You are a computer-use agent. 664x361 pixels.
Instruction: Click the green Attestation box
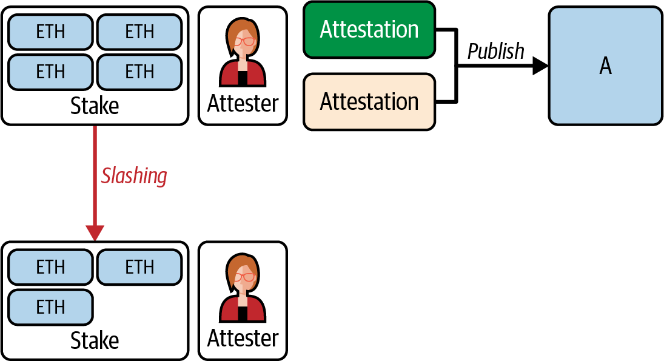click(369, 30)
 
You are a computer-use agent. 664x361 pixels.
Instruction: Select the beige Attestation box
click(369, 101)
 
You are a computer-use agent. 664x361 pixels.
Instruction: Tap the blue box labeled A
click(605, 66)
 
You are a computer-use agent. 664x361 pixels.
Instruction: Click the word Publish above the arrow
click(495, 52)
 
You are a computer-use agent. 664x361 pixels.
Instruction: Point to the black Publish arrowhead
click(540, 66)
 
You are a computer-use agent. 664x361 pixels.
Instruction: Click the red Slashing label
click(134, 176)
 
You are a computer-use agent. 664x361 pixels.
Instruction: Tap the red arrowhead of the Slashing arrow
click(95, 233)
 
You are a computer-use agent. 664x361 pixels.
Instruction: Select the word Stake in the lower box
click(95, 340)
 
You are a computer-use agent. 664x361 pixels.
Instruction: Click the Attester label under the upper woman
click(243, 104)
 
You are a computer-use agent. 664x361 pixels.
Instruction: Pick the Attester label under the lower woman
click(243, 339)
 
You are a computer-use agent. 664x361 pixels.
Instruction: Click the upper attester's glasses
click(244, 42)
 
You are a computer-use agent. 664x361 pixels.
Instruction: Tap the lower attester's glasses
click(244, 277)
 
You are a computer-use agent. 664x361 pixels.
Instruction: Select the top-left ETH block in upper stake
click(50, 32)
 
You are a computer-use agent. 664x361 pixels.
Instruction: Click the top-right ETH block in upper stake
click(139, 32)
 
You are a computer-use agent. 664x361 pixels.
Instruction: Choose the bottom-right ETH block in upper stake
click(139, 72)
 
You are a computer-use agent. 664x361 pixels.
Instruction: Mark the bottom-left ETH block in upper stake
click(50, 72)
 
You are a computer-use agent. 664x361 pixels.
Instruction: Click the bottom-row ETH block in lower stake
click(50, 307)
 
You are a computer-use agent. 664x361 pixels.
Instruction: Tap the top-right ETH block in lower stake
click(139, 267)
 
